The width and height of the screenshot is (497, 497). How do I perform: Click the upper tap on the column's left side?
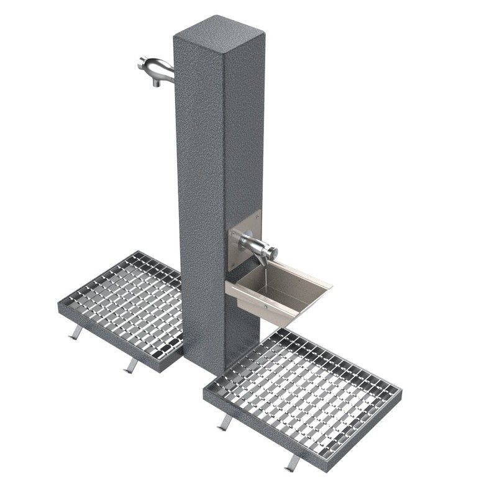pos(155,69)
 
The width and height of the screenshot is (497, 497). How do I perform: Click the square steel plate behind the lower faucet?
pos(245,239)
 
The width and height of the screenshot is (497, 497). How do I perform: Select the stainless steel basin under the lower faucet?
pos(280,292)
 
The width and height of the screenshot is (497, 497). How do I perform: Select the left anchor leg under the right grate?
pos(224,422)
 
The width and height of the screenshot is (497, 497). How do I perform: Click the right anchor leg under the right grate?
pos(292,462)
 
